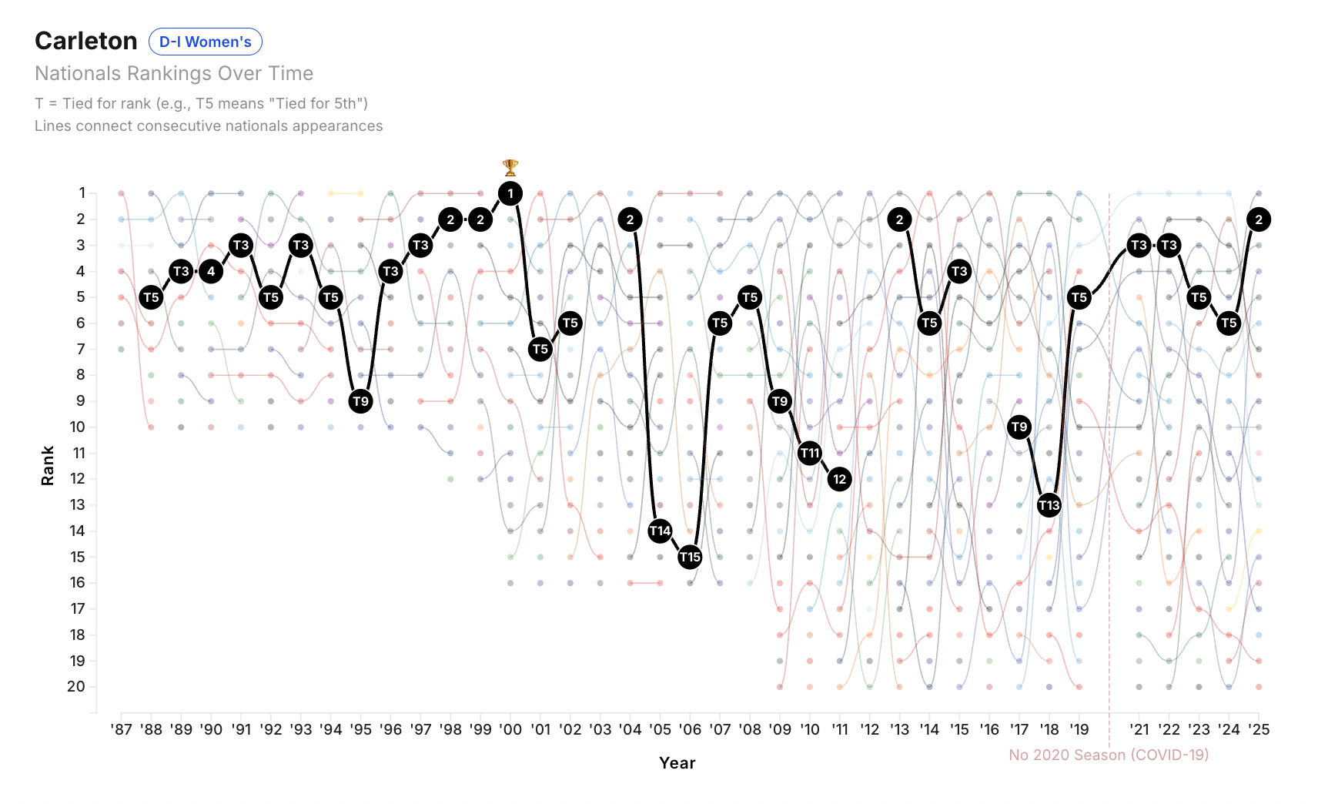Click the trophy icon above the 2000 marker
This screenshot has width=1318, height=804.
tap(510, 167)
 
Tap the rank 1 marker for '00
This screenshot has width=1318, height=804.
tap(510, 193)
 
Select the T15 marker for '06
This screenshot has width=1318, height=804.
tap(690, 557)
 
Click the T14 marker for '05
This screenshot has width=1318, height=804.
tap(660, 531)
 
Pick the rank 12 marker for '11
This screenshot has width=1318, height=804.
tap(840, 479)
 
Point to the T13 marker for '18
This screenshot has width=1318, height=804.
tap(1049, 505)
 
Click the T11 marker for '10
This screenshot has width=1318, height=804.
tap(810, 453)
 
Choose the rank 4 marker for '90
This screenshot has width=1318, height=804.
tap(211, 271)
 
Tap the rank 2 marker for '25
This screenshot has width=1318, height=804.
tap(1259, 219)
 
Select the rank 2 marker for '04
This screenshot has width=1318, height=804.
tap(631, 219)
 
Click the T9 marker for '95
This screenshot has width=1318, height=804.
tap(360, 401)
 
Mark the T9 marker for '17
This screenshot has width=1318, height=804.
tap(1019, 427)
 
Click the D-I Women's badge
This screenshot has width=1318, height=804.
tap(205, 42)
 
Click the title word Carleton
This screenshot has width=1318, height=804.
tap(86, 41)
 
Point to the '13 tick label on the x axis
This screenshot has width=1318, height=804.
tap(899, 729)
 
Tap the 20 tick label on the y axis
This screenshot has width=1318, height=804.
tap(76, 686)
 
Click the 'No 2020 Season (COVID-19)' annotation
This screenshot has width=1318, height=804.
tap(1109, 755)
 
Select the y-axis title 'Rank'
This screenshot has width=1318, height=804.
tap(48, 466)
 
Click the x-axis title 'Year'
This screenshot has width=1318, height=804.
tap(677, 762)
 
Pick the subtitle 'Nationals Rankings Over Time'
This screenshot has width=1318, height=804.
tap(174, 73)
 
